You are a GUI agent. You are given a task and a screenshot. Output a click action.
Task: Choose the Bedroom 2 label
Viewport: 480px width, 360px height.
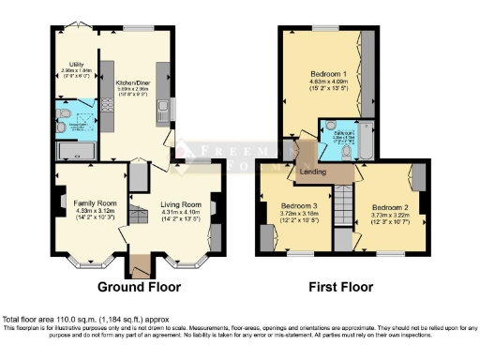point(391,208)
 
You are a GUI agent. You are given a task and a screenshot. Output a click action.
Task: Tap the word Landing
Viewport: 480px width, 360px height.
point(312,172)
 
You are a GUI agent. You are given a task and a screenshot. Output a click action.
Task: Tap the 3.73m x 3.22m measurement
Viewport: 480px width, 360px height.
point(391,217)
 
